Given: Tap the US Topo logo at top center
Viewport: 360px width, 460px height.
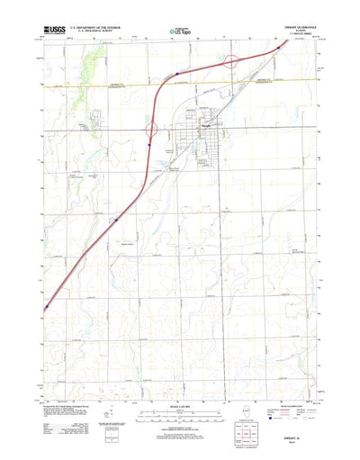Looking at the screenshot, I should (180, 32).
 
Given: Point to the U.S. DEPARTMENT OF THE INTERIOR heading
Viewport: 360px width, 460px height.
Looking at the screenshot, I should (99, 29).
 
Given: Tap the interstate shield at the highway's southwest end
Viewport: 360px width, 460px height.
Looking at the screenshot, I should (43, 308).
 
